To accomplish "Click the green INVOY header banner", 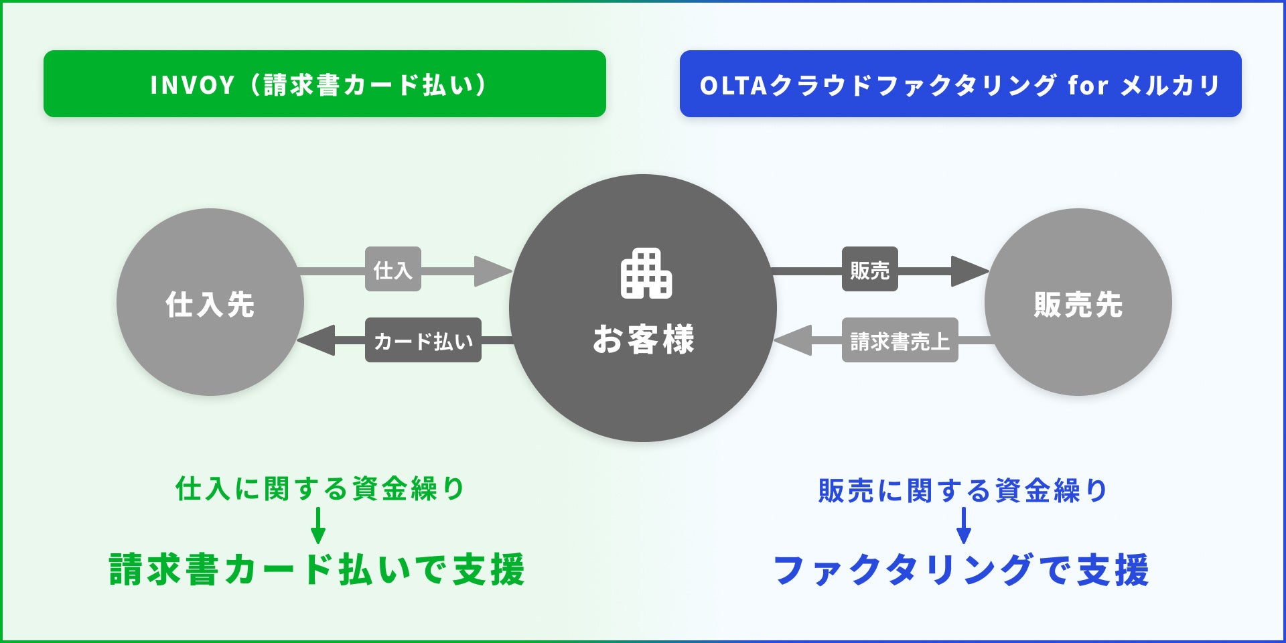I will [x=324, y=84].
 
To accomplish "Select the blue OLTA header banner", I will [x=960, y=84].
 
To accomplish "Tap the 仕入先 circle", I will [x=210, y=303].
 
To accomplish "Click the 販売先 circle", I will [x=1078, y=303].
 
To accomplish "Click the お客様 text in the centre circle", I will [x=643, y=339].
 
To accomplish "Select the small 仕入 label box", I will [x=392, y=269].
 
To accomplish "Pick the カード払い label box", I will [x=423, y=340].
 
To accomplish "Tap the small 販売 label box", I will [x=869, y=269].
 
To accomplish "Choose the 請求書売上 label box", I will [x=900, y=340].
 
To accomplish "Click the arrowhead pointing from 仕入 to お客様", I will [x=492, y=271].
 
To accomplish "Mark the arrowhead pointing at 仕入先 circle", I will [x=317, y=340].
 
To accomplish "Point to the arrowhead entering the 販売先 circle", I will [x=969, y=271].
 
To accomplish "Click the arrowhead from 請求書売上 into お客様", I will [x=794, y=340].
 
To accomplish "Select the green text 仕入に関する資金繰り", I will [x=319, y=489].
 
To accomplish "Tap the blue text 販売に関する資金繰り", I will [x=962, y=490].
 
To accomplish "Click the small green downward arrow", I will [x=318, y=526].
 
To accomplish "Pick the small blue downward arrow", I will [x=964, y=526].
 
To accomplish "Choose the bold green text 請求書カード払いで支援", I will [x=317, y=570].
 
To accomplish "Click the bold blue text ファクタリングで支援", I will [x=961, y=570].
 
